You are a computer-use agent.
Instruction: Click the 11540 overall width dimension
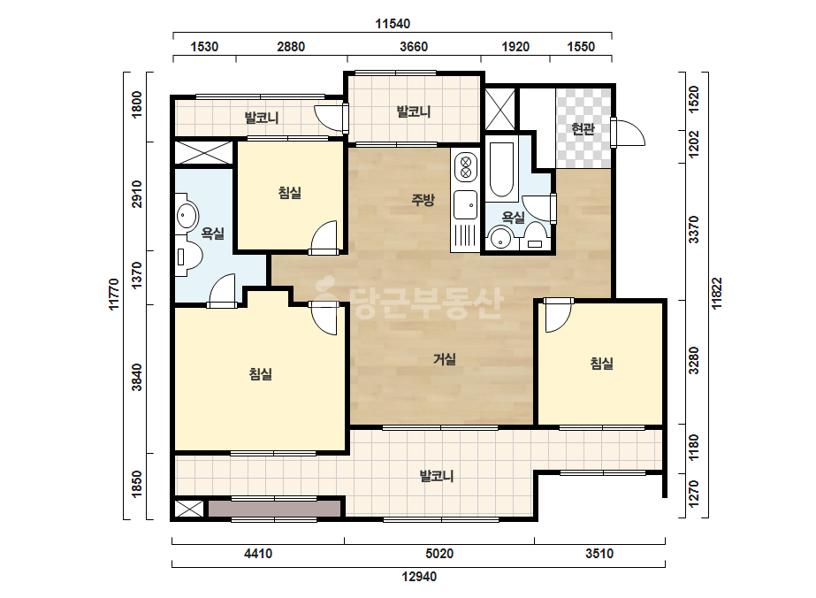pyautogui.click(x=393, y=23)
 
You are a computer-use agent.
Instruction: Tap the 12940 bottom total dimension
pyautogui.click(x=419, y=577)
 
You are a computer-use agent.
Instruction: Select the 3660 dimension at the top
pyautogui.click(x=414, y=47)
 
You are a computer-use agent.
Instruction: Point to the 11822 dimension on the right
pyautogui.click(x=717, y=294)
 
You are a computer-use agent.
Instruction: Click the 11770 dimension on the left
pyautogui.click(x=114, y=295)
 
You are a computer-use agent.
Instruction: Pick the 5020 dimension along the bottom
pyautogui.click(x=439, y=553)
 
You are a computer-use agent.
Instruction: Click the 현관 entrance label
pyautogui.click(x=583, y=128)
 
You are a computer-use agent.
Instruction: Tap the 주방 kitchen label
pyautogui.click(x=423, y=200)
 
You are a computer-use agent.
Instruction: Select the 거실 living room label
pyautogui.click(x=445, y=359)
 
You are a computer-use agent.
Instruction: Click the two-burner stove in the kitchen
pyautogui.click(x=466, y=166)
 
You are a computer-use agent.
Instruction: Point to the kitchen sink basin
pyautogui.click(x=465, y=204)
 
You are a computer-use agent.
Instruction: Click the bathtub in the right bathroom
pyautogui.click(x=501, y=169)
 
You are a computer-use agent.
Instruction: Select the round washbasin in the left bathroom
pyautogui.click(x=187, y=215)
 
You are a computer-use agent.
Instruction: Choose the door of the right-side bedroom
pyautogui.click(x=557, y=315)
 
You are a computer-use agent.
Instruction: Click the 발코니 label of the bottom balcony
pyautogui.click(x=437, y=476)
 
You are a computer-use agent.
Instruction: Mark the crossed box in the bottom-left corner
pyautogui.click(x=189, y=509)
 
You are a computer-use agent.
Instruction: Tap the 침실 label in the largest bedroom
pyautogui.click(x=260, y=374)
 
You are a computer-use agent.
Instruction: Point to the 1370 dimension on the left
pyautogui.click(x=136, y=275)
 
